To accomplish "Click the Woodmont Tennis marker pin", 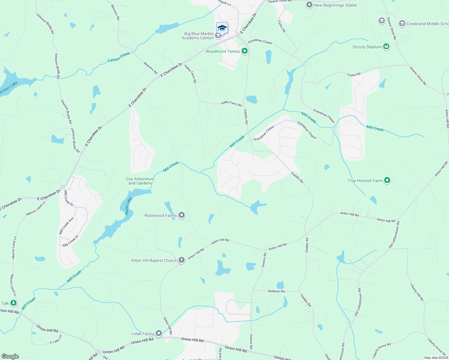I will (245, 51).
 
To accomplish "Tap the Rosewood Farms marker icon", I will (181, 215).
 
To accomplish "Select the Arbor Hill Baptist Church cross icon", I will (181, 260).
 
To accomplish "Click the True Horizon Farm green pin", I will (387, 180).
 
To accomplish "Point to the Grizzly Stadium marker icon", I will (386, 46).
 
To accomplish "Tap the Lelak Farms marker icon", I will (159, 333).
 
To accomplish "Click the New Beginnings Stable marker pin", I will (309, 5).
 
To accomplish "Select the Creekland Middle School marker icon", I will (402, 23).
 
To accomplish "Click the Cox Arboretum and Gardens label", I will (140, 181).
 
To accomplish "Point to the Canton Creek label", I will (119, 57).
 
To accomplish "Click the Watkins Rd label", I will (276, 291).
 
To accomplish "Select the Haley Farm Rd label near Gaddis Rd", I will (231, 103).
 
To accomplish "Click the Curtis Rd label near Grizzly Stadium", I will (354, 74).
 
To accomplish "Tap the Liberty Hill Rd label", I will (417, 292).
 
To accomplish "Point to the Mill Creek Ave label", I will (66, 226).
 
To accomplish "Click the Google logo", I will (10, 356).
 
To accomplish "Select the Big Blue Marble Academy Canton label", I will (198, 36).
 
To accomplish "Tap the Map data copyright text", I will (436, 358).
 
